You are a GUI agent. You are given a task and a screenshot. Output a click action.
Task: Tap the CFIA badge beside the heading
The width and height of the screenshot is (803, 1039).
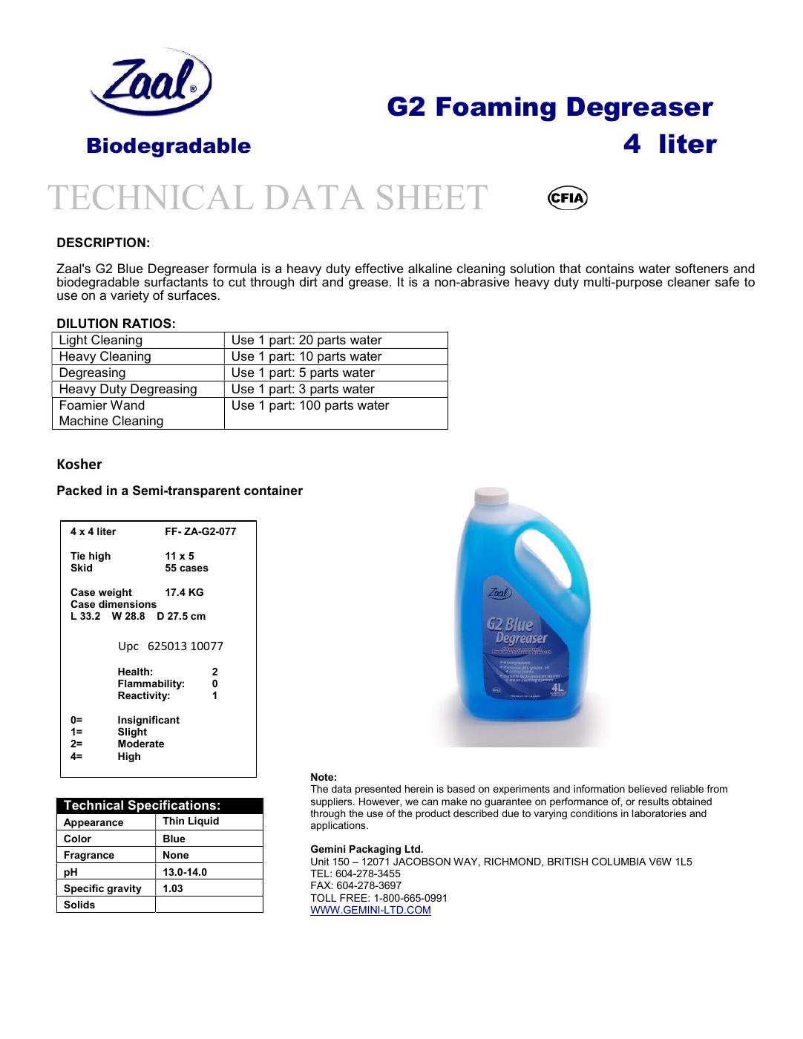[x=567, y=198]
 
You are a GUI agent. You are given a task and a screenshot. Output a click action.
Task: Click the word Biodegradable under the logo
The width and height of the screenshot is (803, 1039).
[x=168, y=145]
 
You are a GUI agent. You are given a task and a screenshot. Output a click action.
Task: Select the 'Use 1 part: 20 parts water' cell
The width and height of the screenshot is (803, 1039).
[x=307, y=341]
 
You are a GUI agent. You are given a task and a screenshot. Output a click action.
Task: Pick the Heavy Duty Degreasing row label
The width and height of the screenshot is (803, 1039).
[x=128, y=390]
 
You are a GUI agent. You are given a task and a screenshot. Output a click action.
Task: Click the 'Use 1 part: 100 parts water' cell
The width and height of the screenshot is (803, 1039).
[x=310, y=406]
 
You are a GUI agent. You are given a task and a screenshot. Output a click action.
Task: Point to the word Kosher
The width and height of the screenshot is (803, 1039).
[x=79, y=465]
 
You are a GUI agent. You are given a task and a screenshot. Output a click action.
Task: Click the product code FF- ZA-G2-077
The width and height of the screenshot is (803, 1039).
[x=200, y=532]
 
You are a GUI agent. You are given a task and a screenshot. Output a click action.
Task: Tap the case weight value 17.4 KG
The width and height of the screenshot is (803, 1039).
[x=184, y=592]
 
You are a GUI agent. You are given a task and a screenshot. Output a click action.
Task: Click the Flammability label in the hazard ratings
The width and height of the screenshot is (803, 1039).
[x=151, y=684]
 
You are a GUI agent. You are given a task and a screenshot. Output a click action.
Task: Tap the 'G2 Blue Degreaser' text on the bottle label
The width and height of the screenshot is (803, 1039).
[x=517, y=630]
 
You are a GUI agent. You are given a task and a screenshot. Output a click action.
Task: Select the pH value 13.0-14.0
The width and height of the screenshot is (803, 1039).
[x=185, y=872]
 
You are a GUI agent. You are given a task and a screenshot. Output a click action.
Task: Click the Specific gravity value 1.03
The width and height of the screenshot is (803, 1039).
[x=173, y=888]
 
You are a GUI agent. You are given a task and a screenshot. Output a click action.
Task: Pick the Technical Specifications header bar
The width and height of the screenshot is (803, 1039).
[x=160, y=806]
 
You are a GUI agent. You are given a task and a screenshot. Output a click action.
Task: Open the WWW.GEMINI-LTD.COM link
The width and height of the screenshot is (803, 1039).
[x=370, y=910]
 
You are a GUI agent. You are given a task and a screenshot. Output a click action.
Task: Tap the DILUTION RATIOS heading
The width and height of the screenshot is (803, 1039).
[x=116, y=324]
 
